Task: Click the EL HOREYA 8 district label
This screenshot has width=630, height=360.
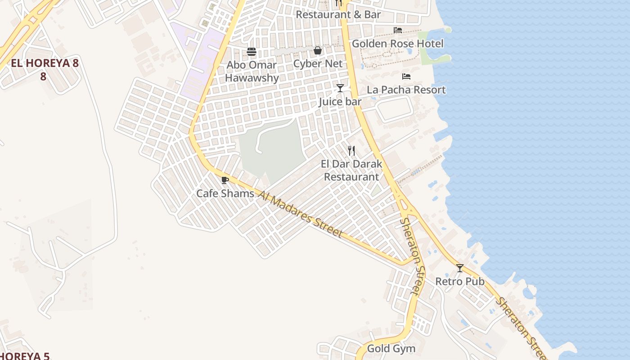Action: [x=45, y=69]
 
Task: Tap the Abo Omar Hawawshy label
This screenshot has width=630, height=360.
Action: [x=252, y=71]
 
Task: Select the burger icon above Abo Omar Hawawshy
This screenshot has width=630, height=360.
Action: [x=252, y=52]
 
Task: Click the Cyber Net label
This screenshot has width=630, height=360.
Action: [x=318, y=63]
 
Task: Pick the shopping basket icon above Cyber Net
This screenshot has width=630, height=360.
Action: [x=318, y=50]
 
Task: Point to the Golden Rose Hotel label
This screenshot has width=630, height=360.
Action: [x=397, y=44]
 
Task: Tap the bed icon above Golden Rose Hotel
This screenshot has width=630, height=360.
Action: [x=398, y=30]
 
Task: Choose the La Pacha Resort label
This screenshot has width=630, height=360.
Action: [x=406, y=90]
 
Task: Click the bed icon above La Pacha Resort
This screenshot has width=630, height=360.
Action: [x=406, y=76]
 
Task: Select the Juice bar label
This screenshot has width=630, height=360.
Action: [x=340, y=102]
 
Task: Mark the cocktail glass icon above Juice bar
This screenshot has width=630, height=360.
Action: [x=340, y=88]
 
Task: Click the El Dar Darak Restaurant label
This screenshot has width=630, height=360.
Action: [x=351, y=170]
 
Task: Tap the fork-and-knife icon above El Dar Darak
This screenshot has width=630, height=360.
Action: [x=351, y=151]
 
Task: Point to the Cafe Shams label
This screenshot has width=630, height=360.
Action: [x=225, y=193]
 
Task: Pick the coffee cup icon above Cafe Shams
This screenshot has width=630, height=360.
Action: [x=225, y=180]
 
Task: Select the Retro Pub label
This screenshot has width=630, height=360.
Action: [x=459, y=282]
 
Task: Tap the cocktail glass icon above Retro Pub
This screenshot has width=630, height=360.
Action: [x=460, y=268]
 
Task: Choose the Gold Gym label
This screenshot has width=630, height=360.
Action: [x=391, y=349]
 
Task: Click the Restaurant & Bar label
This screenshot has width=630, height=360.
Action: [x=338, y=14]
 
